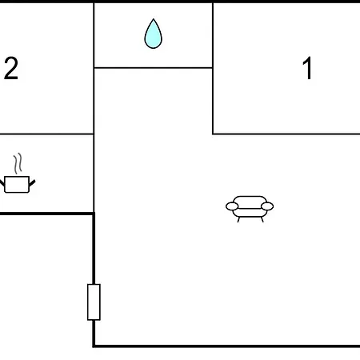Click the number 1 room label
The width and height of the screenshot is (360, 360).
click(308, 68)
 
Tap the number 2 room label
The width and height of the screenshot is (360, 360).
click(11, 68)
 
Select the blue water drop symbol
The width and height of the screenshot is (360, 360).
click(153, 34)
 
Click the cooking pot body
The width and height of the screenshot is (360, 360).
click(17, 184)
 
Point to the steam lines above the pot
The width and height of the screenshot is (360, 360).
click(18, 163)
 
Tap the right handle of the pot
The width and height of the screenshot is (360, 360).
click(32, 183)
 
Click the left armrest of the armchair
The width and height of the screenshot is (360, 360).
click(232, 206)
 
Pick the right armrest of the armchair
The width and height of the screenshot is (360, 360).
click(267, 206)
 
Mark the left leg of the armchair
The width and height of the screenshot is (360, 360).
click(238, 219)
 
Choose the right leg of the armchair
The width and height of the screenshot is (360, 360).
click(262, 219)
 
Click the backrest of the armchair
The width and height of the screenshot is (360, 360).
click(250, 200)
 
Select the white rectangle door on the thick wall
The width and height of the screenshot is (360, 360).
click(94, 302)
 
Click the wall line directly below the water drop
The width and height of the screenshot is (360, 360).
click(154, 68)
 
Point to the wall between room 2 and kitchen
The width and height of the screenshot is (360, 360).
click(46, 134)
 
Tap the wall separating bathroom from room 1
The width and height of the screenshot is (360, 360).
click(213, 35)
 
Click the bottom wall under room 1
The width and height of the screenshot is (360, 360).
click(286, 134)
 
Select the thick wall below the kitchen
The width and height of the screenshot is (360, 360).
click(47, 214)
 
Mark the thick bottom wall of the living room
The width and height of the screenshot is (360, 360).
click(226, 346)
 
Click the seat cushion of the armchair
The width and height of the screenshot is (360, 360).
click(250, 213)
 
